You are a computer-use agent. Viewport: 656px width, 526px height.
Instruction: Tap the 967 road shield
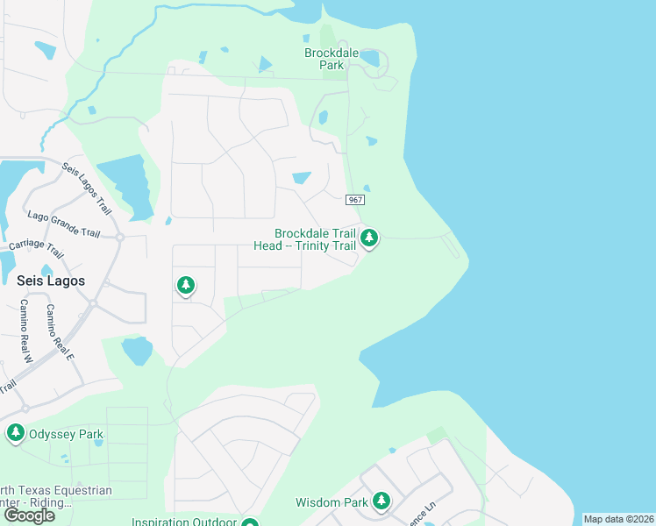(355, 200)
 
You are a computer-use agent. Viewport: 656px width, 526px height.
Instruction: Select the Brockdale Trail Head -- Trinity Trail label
(317, 239)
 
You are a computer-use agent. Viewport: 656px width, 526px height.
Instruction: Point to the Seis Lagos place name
(52, 281)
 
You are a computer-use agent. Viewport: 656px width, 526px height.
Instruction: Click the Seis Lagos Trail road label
(88, 188)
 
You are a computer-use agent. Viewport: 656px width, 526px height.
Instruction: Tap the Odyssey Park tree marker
(15, 432)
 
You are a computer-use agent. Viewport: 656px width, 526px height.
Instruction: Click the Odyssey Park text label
(67, 434)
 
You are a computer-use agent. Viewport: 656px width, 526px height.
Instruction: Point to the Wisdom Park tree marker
(381, 501)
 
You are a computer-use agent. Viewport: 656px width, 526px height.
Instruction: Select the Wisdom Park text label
(332, 502)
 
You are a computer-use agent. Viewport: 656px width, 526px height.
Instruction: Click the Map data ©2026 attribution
(618, 519)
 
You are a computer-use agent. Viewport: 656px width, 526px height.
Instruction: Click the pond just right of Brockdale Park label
(369, 59)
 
